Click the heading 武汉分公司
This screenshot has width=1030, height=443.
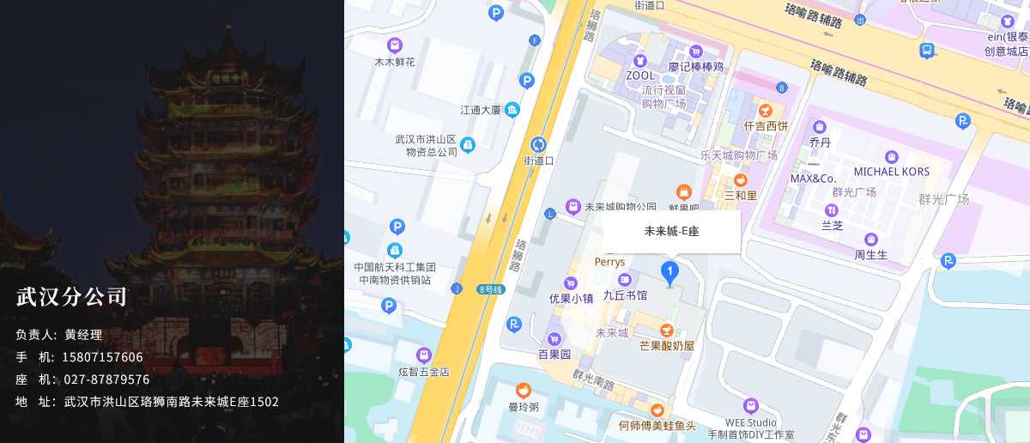point(71,297)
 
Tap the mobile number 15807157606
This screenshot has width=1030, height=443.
point(102,357)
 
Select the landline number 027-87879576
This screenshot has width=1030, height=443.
point(106,379)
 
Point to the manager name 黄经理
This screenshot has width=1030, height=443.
point(83,335)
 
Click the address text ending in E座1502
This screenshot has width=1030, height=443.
point(171,402)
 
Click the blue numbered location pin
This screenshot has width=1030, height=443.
point(669,273)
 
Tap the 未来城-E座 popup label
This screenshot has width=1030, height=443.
point(671,231)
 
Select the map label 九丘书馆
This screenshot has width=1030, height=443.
point(625,294)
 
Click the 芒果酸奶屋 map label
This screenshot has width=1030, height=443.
point(666,345)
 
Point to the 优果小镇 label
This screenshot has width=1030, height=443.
point(571,298)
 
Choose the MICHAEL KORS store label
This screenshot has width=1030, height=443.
point(891,172)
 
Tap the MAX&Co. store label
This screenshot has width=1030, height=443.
point(813,179)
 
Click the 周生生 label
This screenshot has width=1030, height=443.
point(870,254)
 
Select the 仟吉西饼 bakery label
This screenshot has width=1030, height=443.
point(766,125)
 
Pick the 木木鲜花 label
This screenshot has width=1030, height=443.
point(395,62)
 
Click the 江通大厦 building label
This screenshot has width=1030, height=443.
point(482,110)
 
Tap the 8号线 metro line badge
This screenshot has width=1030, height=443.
point(492,289)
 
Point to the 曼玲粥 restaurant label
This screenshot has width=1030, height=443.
point(523,406)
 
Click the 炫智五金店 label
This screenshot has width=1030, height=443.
point(423,372)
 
